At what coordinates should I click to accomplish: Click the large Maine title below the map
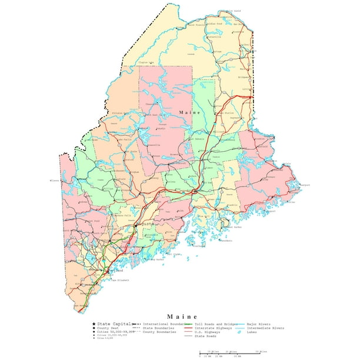click(182, 316)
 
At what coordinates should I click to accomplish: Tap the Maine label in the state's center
click(190, 112)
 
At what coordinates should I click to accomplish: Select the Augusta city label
click(146, 224)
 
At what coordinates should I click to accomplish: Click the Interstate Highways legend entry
click(215, 328)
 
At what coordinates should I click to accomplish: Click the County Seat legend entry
click(109, 328)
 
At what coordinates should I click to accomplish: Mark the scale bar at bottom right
click(229, 354)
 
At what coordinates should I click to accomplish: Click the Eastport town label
click(305, 185)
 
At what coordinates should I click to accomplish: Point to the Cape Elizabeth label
click(121, 279)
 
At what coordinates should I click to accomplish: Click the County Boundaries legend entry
click(159, 332)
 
